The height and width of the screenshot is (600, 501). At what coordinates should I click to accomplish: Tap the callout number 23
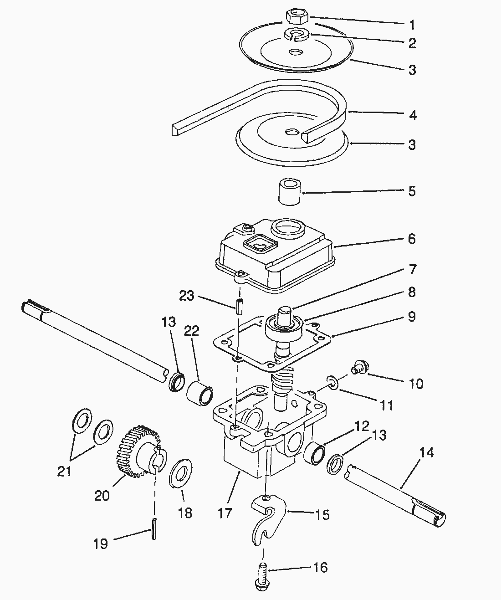(187, 296)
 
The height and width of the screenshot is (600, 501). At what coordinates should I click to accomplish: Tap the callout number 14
(427, 453)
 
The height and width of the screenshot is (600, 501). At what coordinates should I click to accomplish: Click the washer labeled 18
(180, 473)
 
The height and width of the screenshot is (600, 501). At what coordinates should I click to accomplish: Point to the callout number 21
(64, 471)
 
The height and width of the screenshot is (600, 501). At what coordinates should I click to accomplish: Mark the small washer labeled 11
(332, 383)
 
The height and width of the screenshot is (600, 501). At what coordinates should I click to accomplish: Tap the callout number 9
(411, 316)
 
